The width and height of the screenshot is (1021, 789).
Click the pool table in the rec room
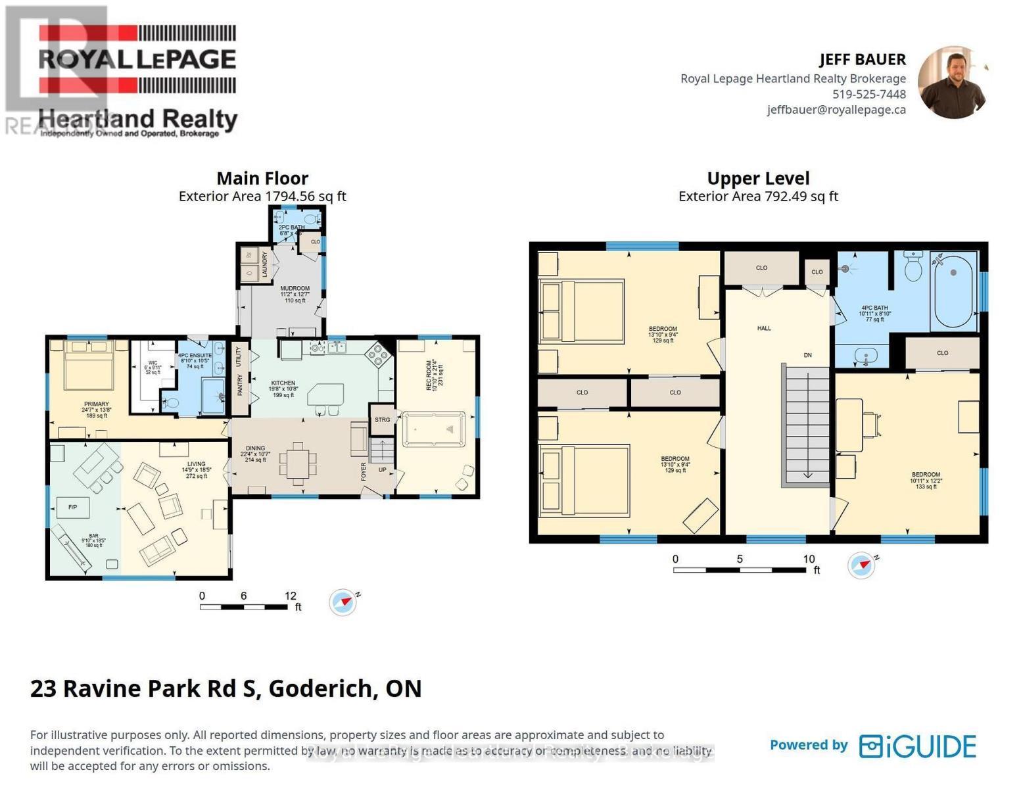click(434, 429)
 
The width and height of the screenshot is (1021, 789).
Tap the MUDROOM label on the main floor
click(295, 288)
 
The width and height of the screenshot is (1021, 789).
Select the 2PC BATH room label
click(292, 227)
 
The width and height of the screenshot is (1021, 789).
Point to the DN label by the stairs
click(807, 355)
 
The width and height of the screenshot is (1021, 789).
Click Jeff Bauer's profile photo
click(953, 83)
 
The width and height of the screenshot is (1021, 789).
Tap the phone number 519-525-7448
click(868, 94)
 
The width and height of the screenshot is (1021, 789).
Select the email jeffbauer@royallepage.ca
click(836, 110)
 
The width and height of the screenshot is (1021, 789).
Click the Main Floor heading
click(262, 178)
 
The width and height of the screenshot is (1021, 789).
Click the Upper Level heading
click(758, 178)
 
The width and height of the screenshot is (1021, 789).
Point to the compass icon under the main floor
click(343, 602)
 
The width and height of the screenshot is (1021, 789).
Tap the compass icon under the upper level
click(861, 565)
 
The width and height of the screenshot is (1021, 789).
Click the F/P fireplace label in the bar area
click(72, 508)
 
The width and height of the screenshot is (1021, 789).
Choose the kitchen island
click(325, 396)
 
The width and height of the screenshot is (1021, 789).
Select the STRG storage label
click(382, 419)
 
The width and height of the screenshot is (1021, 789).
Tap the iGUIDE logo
click(918, 746)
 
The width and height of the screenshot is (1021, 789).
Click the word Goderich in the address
click(320, 688)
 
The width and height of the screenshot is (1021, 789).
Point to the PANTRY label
click(240, 385)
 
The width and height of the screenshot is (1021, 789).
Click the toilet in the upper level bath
click(913, 267)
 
